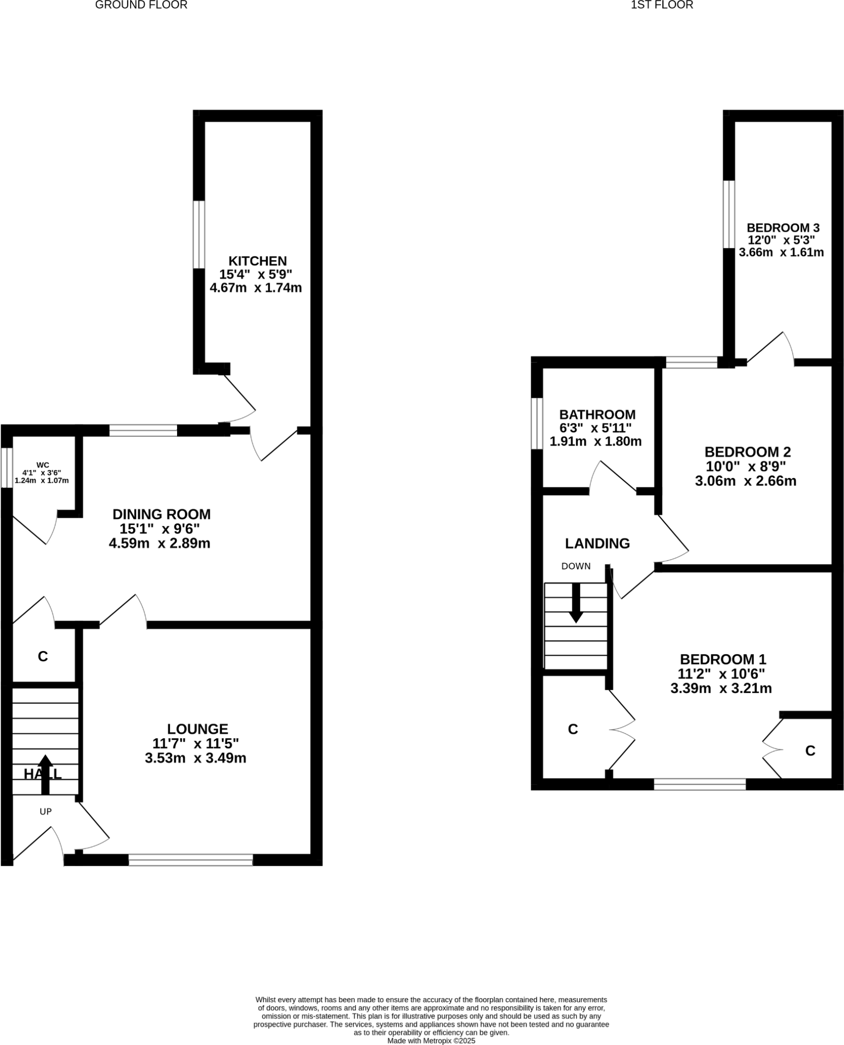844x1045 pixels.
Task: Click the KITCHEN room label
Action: tap(257, 261)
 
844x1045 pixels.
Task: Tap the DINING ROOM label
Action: tap(161, 514)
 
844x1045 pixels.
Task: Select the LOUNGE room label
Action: tap(197, 729)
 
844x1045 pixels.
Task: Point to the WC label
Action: tap(43, 465)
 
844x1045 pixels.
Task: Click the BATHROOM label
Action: tap(597, 414)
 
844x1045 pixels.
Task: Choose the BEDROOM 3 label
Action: tap(783, 228)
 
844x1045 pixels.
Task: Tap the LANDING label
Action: tap(597, 543)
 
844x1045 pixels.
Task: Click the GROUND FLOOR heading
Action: tap(141, 6)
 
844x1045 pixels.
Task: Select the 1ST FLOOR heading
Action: tap(662, 6)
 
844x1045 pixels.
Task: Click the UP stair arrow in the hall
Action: tap(45, 774)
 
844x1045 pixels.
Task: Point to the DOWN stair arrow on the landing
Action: tap(577, 603)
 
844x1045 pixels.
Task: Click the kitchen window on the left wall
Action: tap(198, 234)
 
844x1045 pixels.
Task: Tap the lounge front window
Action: tap(190, 860)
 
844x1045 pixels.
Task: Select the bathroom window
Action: tap(537, 424)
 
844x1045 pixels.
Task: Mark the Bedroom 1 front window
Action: tap(700, 784)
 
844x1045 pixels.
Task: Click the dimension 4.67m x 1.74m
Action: tap(256, 288)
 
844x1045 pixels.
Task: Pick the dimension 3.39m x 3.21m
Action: tap(721, 688)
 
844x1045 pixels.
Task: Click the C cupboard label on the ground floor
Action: tap(43, 656)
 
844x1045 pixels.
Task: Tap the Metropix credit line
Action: tap(431, 1040)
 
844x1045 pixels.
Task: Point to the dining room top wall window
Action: tap(143, 430)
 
